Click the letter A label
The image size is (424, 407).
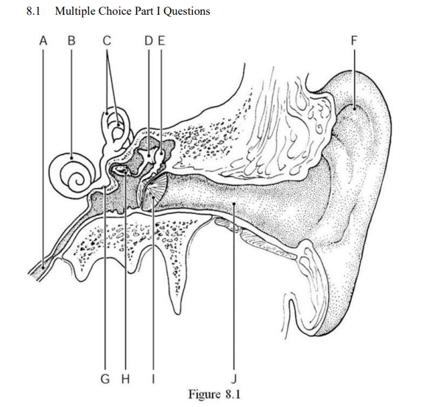click(x=43, y=41)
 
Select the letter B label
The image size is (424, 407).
click(x=71, y=41)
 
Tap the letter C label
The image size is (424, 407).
click(x=107, y=41)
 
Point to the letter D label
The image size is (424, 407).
click(x=149, y=41)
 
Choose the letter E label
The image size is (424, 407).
click(x=161, y=41)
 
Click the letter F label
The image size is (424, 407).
click(x=353, y=41)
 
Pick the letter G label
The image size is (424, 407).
click(x=105, y=379)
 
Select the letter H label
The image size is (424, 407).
click(x=125, y=379)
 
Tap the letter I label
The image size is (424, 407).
click(x=153, y=379)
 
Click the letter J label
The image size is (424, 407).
click(x=234, y=379)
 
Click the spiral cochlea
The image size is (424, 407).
click(x=72, y=173)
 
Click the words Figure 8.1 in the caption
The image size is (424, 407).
click(x=214, y=394)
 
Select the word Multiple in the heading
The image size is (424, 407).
click(x=75, y=11)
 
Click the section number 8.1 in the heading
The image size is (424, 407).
click(x=33, y=11)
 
